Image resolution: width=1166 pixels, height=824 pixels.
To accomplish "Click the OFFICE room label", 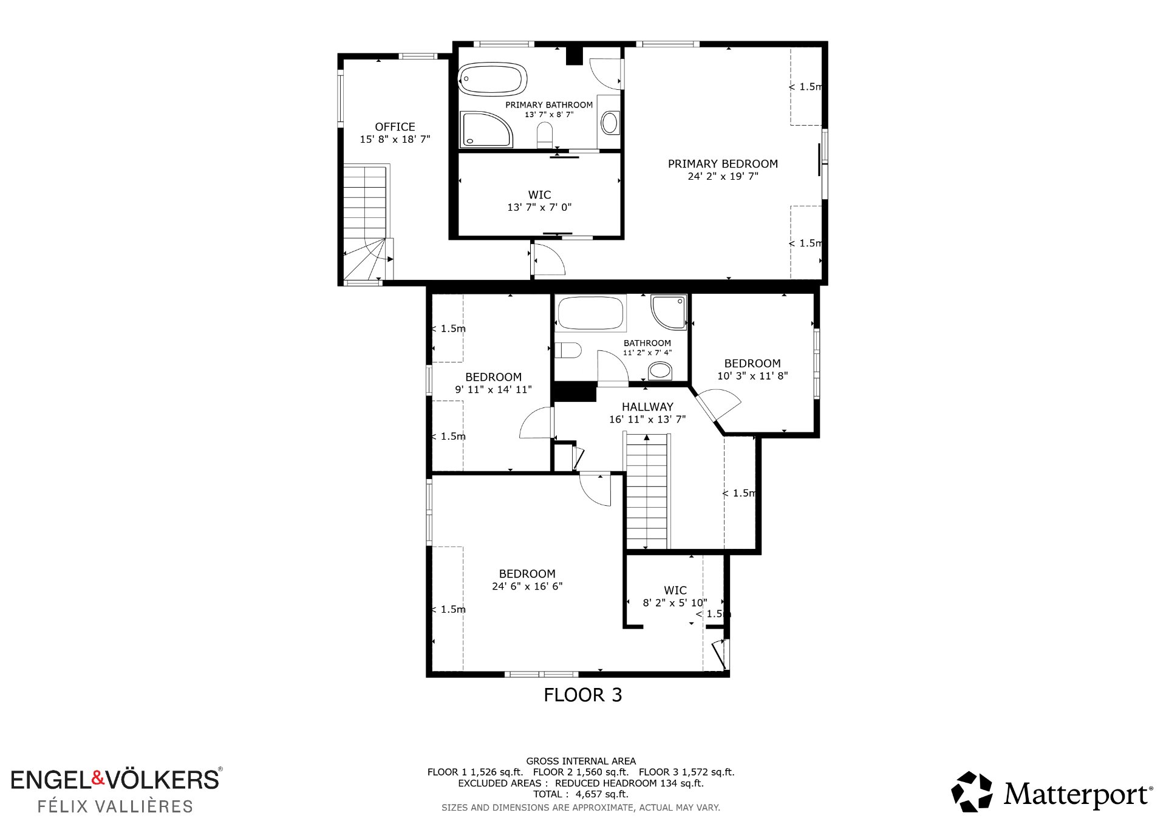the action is pos(395,127).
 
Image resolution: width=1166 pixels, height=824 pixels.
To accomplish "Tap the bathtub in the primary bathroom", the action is pos(492,79).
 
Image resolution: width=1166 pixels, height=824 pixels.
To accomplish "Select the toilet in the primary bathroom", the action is pos(545,135).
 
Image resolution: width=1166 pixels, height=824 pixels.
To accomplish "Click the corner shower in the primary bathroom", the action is pos(486,129).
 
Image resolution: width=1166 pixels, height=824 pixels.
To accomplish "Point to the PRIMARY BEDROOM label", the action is pos(723,164).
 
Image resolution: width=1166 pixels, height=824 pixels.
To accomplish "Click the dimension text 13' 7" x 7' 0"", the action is pos(539,207).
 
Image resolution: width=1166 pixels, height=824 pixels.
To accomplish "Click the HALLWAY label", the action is pos(647,407).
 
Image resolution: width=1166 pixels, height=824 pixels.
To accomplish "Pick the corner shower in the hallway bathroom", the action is pos(669,312).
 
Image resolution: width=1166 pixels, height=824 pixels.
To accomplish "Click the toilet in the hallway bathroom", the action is pos(568,350).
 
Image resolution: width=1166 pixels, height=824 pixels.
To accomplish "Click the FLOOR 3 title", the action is pos(583,695).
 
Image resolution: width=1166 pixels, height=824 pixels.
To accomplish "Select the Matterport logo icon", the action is pos(972,791).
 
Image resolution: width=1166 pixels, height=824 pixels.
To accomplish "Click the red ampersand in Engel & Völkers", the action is pos(98,778).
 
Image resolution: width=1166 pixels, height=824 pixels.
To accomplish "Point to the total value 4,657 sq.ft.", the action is pos(602,794).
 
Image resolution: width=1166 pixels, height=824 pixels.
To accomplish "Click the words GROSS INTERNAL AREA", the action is pos(581,761).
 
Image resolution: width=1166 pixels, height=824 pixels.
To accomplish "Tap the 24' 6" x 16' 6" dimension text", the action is pos(527,586).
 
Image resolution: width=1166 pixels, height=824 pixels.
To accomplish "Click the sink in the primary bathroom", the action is pos(609,123).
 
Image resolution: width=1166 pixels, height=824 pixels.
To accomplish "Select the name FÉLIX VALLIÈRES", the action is pos(115,806).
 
